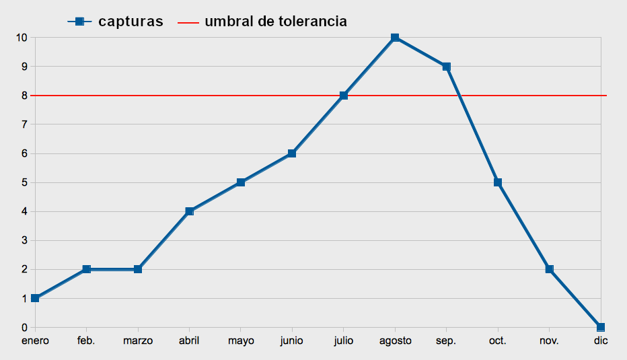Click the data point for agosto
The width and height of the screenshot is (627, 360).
click(x=395, y=38)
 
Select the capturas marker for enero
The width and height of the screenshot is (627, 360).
click(x=35, y=298)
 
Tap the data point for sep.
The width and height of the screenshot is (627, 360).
click(x=446, y=67)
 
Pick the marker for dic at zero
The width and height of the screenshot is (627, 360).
click(x=601, y=327)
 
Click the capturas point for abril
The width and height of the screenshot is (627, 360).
click(x=189, y=211)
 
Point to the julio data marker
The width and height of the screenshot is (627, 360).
click(x=344, y=96)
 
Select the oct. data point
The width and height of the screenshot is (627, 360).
click(x=498, y=182)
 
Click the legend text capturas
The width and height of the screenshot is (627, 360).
click(x=131, y=22)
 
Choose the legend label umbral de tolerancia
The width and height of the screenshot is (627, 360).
click(x=276, y=22)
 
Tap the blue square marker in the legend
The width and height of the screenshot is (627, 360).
click(x=79, y=22)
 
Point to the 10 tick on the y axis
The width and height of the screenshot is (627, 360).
click(x=22, y=38)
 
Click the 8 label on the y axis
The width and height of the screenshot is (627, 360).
click(x=24, y=96)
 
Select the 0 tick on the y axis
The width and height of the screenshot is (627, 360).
click(x=24, y=328)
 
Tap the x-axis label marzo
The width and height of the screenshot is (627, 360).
click(x=138, y=341)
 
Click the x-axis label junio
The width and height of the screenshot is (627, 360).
click(x=292, y=341)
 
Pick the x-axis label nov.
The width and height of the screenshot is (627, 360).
click(x=549, y=341)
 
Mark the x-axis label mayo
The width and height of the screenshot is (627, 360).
click(x=241, y=341)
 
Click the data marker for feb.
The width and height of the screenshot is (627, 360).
click(x=86, y=269)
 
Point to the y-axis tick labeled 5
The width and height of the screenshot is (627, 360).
click(x=24, y=182)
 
